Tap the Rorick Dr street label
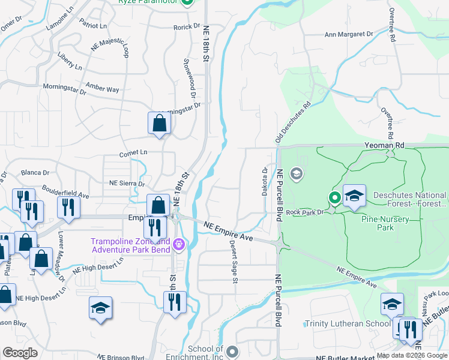187,26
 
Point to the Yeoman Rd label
385,145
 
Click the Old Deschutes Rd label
293,122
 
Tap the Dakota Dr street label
265,179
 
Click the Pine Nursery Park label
386,223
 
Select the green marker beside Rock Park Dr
334,197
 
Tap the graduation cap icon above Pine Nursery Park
354,196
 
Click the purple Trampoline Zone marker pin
178,244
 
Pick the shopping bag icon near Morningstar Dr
160,123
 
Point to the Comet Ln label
133,153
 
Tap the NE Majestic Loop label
110,50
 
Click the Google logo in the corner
20,353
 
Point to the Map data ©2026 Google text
412,355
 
